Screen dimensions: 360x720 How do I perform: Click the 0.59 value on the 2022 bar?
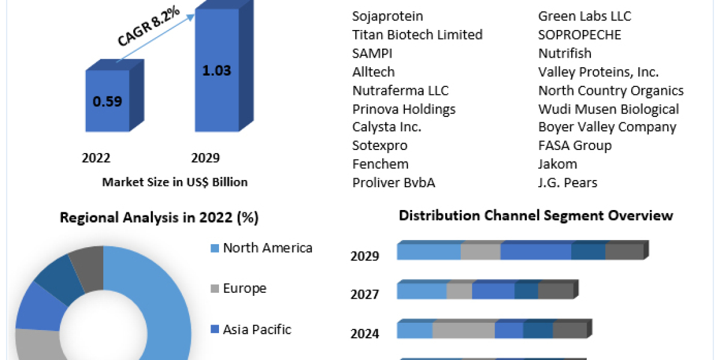pos(107,101)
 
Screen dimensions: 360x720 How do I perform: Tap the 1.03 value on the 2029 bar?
pos(217,70)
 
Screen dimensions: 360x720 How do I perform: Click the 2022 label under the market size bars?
pos(96,158)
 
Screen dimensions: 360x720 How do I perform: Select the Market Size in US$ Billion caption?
pos(175,182)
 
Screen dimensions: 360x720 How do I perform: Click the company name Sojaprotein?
pos(388,16)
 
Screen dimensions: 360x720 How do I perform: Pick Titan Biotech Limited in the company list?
pos(417,35)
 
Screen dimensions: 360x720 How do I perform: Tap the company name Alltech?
pos(373,72)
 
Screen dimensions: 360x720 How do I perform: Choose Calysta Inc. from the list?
pos(386,127)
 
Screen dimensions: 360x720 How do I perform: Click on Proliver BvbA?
pos(394,183)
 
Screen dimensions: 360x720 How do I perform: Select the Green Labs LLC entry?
pos(584,16)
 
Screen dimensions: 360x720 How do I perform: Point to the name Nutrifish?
pos(565,53)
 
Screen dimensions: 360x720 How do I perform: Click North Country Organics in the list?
pos(611,91)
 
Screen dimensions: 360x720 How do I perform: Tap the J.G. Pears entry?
pos(568,183)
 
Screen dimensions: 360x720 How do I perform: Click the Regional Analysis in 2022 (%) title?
pos(159,218)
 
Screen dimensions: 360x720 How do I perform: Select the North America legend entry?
pos(267,248)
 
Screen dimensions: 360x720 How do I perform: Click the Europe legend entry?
pos(244,289)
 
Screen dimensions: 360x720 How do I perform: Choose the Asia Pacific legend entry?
pos(257,329)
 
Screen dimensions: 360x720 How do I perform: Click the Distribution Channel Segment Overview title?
pos(536,215)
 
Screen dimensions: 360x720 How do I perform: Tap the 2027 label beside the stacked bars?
pos(365,295)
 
